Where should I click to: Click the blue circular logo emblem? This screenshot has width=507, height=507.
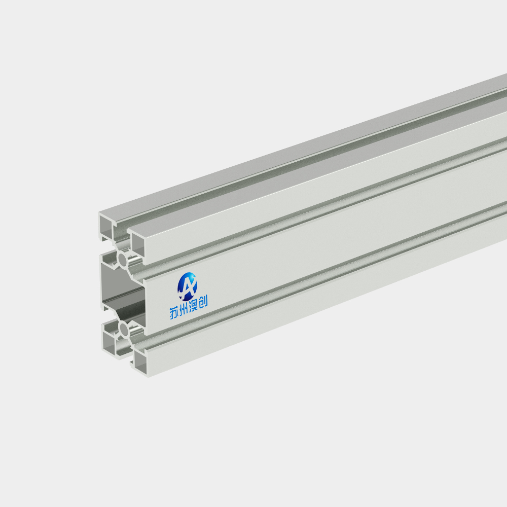[187, 286]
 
